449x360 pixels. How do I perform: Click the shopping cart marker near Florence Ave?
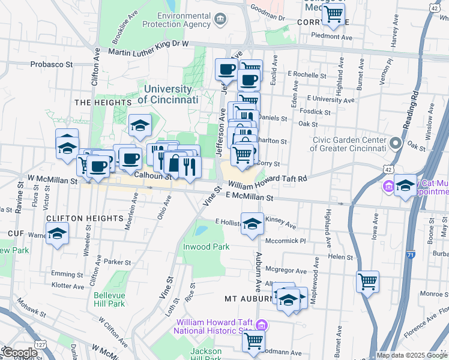click(367, 281)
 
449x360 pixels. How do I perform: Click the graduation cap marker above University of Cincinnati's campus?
click(140, 125)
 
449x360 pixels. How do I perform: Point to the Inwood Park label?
click(207, 247)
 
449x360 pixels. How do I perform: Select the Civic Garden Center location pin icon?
click(395, 144)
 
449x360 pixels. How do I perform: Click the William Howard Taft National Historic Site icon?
click(261, 325)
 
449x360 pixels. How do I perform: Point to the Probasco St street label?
click(52, 64)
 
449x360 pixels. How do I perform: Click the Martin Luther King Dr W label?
click(148, 52)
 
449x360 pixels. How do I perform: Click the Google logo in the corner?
click(19, 353)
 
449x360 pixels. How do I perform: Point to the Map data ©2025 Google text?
click(412, 355)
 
